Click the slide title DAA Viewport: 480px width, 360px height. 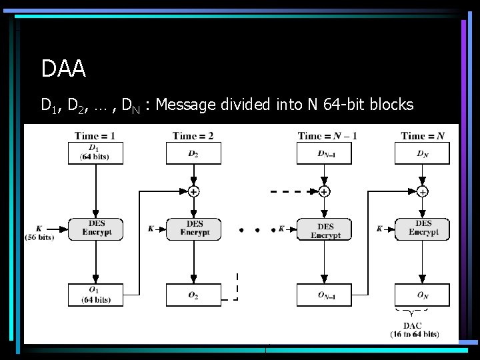(63, 68)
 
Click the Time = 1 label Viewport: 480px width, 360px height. (95, 136)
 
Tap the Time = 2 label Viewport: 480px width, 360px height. (193, 136)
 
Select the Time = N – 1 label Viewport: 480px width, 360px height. (327, 136)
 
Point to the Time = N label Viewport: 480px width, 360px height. (423, 136)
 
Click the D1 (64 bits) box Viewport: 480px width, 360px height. (95, 153)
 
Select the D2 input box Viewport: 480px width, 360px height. (193, 153)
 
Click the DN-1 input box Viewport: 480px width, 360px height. (324, 153)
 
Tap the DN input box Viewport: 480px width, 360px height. (422, 153)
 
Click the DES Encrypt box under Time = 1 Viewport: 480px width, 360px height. (96, 229)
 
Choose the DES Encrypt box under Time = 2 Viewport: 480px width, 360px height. (194, 229)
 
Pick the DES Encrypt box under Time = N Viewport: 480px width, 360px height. (423, 229)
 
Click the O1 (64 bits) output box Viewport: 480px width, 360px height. (95, 295)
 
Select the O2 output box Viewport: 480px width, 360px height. (193, 295)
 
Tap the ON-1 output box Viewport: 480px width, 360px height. (324, 295)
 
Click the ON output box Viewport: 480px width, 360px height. (422, 295)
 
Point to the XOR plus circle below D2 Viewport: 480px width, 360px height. (193, 191)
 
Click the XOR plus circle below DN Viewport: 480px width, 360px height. (423, 191)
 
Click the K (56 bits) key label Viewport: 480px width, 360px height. (39, 232)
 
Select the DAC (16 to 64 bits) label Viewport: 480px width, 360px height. (414, 329)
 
